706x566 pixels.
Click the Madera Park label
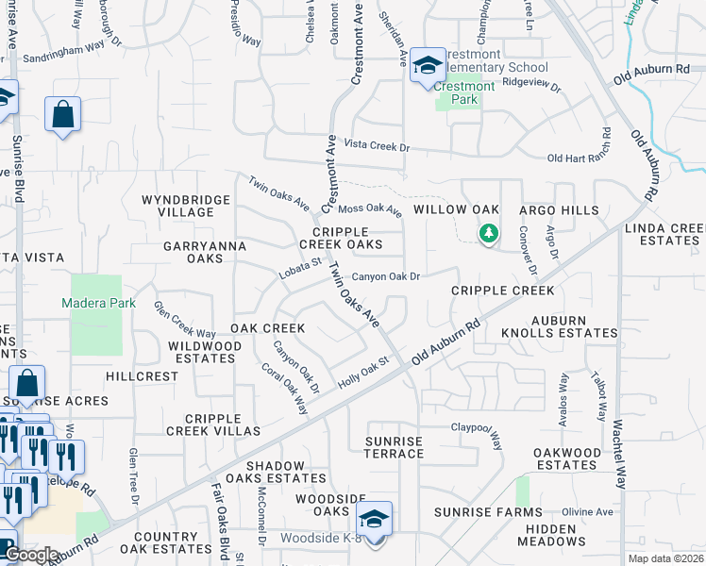[99, 304]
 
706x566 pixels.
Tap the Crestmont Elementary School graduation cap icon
[429, 65]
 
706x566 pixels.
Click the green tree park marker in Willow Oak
[488, 233]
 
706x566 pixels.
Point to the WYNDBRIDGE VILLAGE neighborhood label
[186, 206]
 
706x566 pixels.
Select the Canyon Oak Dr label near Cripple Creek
[385, 277]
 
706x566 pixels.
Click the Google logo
[30, 555]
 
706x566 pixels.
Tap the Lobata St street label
[300, 270]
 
